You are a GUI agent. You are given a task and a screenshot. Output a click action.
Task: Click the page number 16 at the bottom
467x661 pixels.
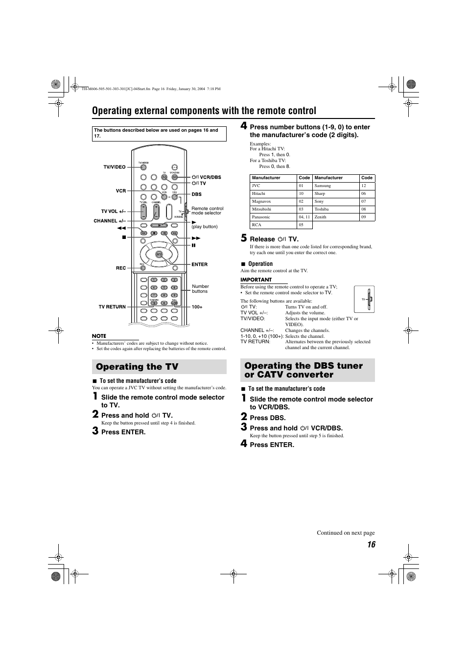click(x=371, y=545)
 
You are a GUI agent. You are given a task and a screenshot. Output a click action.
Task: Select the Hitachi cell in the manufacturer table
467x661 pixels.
click(x=258, y=193)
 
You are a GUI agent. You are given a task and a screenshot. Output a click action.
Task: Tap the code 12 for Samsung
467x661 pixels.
click(x=364, y=186)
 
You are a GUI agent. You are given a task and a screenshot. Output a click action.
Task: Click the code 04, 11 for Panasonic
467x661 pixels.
click(x=304, y=217)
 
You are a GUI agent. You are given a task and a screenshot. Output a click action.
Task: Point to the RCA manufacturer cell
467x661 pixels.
click(x=257, y=225)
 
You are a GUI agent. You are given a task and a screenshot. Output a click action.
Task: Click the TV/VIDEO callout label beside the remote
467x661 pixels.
click(x=115, y=167)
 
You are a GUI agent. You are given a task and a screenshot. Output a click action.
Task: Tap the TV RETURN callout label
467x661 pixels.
click(x=112, y=307)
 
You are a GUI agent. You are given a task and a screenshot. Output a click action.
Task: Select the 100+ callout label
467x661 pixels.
click(x=197, y=307)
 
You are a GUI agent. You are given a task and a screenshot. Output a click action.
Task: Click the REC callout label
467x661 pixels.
click(x=121, y=268)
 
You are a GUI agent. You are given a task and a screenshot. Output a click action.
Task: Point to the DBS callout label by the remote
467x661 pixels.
click(x=196, y=194)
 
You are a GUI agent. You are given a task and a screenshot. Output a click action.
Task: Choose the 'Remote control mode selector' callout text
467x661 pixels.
click(x=207, y=211)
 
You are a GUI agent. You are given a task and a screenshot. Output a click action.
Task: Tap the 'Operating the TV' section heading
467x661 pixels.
click(x=137, y=367)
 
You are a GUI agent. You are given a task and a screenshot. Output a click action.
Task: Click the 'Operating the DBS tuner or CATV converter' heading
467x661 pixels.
click(x=304, y=370)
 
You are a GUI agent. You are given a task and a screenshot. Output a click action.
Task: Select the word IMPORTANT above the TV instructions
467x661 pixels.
click(x=256, y=280)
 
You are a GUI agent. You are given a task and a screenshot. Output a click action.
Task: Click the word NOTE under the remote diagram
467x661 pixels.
click(x=99, y=336)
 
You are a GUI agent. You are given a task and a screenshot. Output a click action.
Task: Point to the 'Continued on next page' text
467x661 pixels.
click(x=346, y=533)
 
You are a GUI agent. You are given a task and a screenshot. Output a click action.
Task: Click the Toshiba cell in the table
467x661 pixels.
click(x=322, y=209)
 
